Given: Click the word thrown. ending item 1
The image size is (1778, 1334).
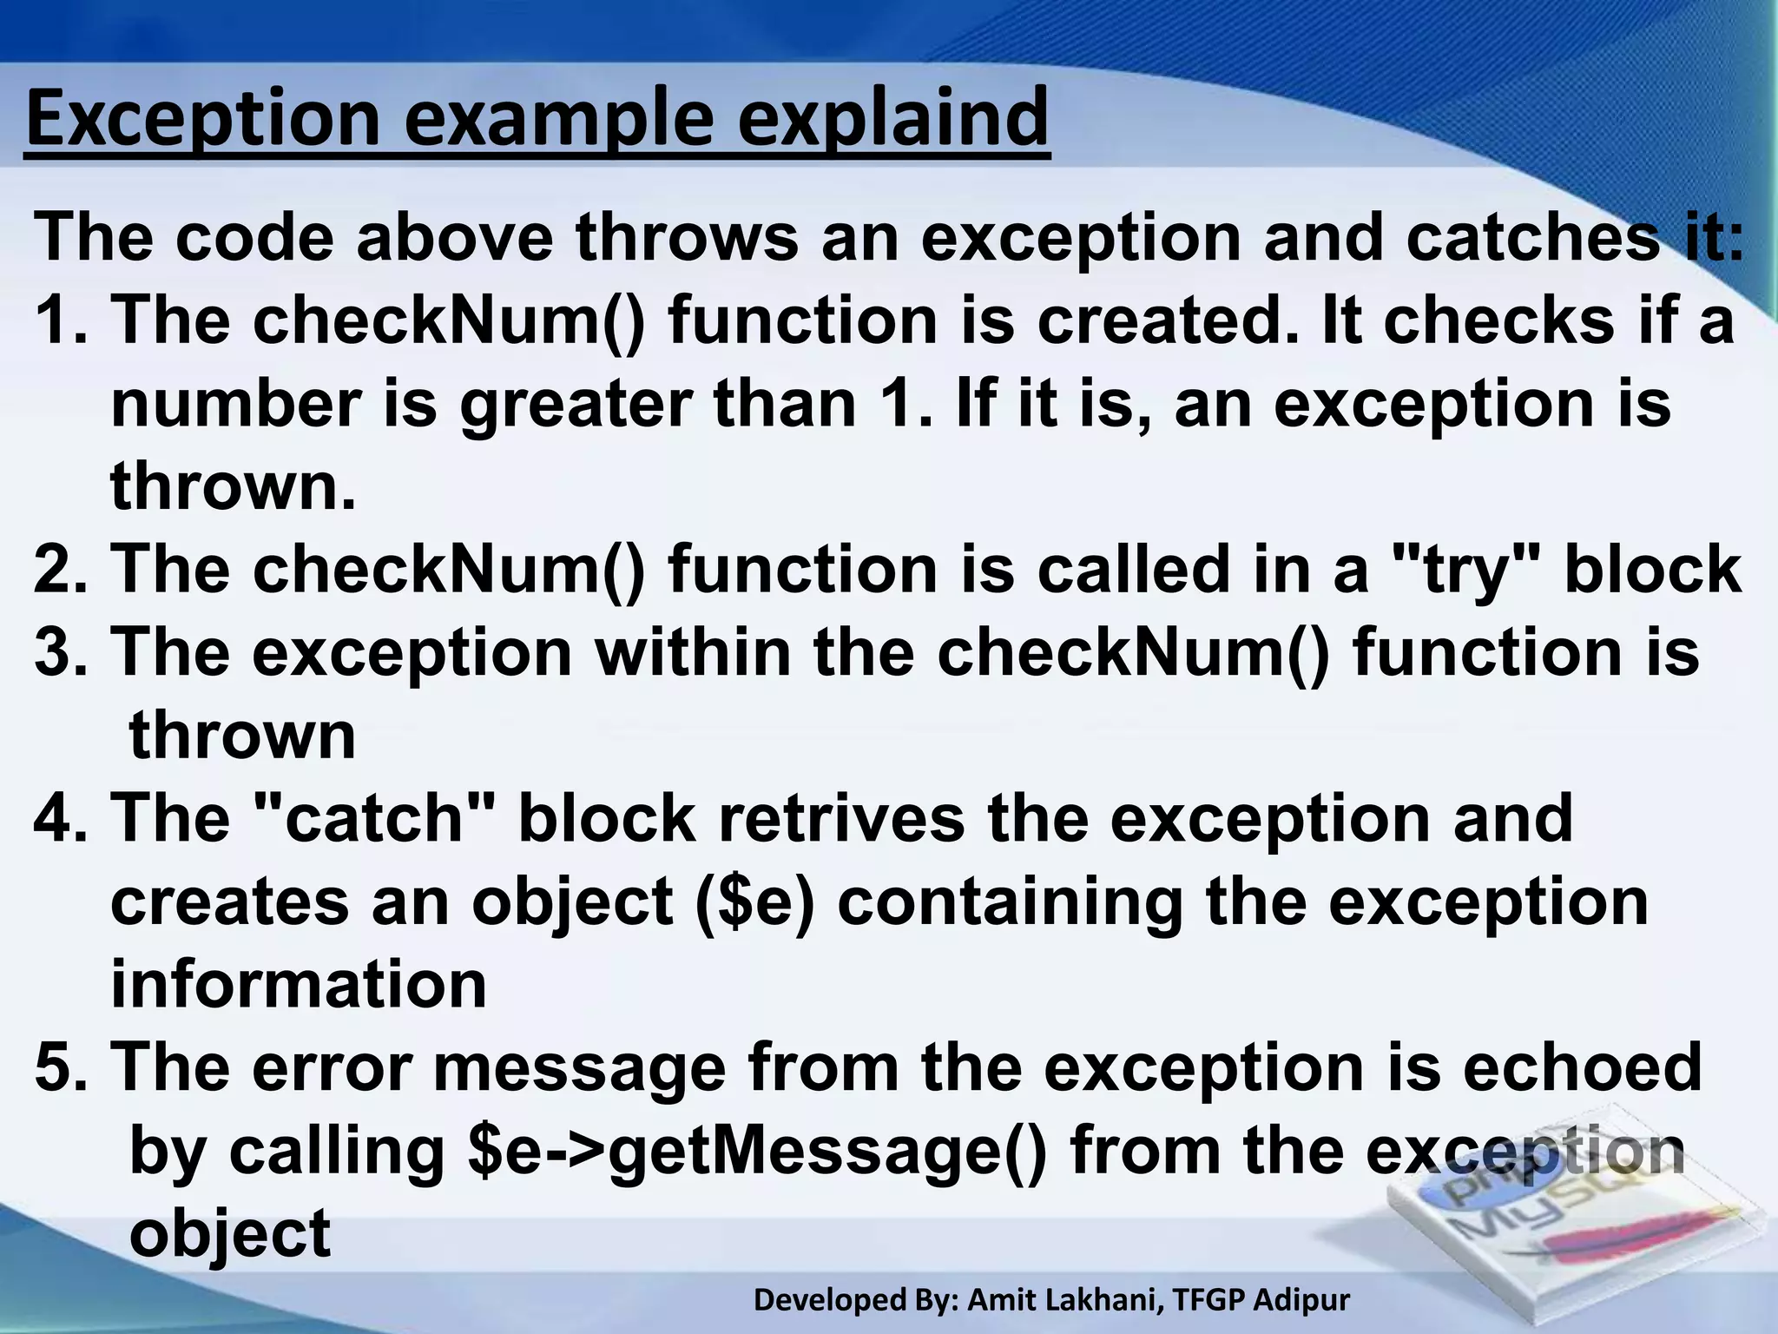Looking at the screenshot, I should pyautogui.click(x=233, y=486).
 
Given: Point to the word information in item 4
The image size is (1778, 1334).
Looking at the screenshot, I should pyautogui.click(x=298, y=984).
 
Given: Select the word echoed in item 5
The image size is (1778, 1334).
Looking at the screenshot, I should pyautogui.click(x=1582, y=1067).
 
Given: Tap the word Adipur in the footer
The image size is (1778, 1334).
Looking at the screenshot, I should pyautogui.click(x=1303, y=1300).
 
